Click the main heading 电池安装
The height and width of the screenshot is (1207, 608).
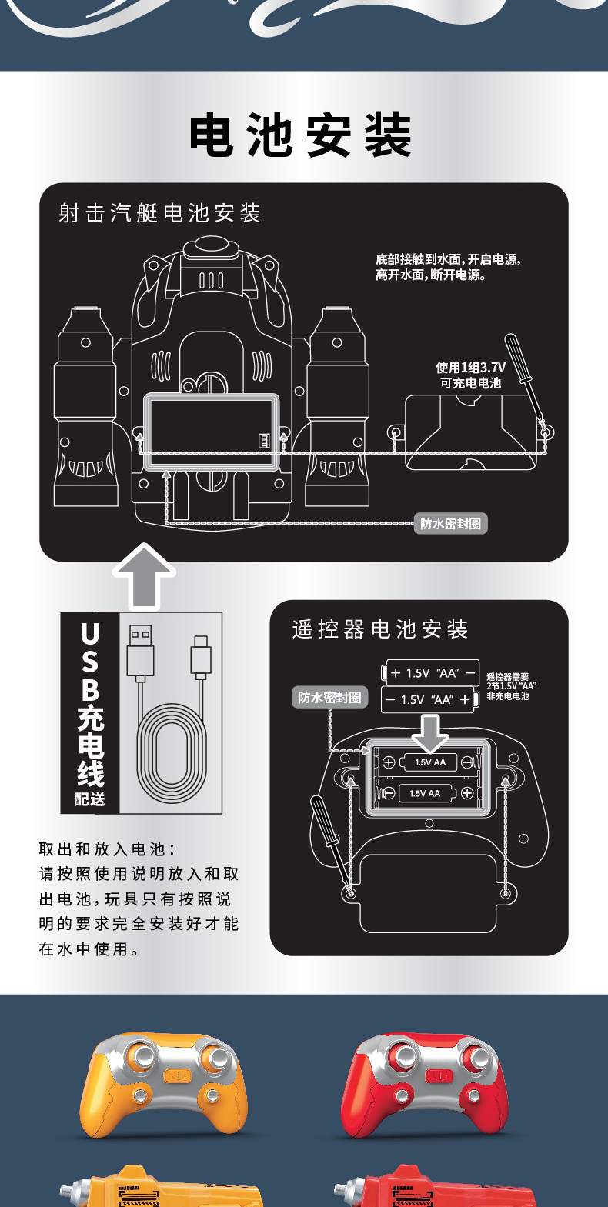tap(300, 136)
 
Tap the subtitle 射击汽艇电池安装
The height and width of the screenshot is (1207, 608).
tap(159, 213)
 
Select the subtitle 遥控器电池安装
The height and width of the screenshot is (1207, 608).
tap(380, 629)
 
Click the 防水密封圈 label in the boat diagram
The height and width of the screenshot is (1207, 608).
tap(450, 524)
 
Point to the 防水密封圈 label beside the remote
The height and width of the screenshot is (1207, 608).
tap(329, 698)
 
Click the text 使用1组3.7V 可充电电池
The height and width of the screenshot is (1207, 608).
tap(470, 375)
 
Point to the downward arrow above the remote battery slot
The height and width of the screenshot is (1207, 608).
tap(430, 732)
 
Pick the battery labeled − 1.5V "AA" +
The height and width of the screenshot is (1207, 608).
tap(428, 700)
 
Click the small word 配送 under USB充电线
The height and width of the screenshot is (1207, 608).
tap(89, 800)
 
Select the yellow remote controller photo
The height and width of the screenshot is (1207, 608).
tap(163, 1085)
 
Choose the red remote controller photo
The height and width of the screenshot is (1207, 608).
tap(425, 1085)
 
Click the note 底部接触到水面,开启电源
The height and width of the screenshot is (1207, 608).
tap(448, 267)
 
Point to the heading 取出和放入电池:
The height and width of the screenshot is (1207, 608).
tap(107, 849)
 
